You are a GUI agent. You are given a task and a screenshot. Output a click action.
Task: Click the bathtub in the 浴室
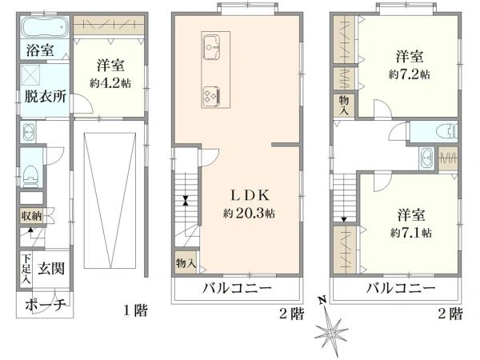45,26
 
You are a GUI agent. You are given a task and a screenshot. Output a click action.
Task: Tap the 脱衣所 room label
46,97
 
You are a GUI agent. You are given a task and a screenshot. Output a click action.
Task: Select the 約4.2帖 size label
110,83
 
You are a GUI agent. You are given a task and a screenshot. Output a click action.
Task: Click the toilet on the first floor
30,177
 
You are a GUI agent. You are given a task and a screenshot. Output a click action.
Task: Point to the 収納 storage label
31,216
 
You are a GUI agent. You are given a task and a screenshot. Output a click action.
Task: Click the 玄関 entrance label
51,269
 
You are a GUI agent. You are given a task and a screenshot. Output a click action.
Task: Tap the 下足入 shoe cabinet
26,269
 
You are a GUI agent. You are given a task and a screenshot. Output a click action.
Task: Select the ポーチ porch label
46,305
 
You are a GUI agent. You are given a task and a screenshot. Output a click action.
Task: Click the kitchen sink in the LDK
211,47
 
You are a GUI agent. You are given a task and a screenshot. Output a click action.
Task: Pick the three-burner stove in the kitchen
210,95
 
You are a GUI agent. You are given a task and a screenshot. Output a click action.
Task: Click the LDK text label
250,195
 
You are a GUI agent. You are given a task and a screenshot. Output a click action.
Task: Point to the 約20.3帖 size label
249,213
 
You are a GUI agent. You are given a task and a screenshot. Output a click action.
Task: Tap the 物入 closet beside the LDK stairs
186,262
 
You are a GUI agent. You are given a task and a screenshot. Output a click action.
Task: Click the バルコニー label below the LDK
237,288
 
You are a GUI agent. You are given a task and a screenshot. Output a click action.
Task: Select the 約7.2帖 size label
410,74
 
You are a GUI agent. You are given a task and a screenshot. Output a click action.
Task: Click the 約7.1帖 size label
411,233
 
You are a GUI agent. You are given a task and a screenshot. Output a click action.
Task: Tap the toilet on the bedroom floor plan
447,132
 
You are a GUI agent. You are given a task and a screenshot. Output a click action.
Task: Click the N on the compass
322,300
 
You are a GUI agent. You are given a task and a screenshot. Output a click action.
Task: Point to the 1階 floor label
135,310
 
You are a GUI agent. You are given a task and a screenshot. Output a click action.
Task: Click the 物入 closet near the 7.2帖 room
344,105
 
